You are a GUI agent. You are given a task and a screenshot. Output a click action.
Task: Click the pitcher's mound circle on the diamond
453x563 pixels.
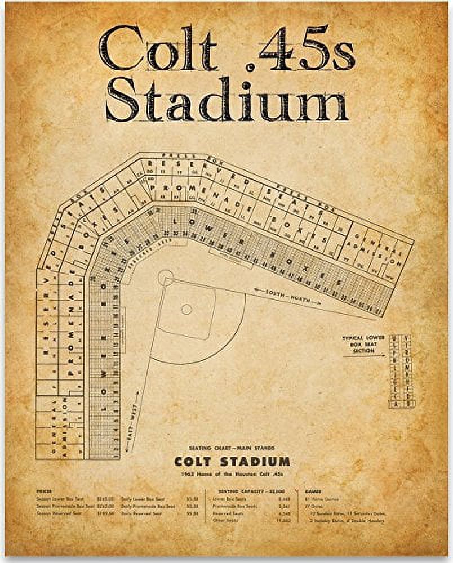(186, 309)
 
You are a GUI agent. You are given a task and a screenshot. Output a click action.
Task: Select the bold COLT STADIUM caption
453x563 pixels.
(232, 462)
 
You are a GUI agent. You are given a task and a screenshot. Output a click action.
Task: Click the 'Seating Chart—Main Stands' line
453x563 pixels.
(232, 448)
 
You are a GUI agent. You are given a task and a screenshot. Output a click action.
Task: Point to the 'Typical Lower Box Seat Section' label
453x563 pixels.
(363, 344)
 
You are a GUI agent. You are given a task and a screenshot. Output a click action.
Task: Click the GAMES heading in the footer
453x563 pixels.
(313, 491)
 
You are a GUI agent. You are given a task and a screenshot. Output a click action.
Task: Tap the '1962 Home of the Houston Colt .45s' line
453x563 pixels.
(232, 474)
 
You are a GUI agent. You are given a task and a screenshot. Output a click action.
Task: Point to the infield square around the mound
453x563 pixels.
(186, 309)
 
